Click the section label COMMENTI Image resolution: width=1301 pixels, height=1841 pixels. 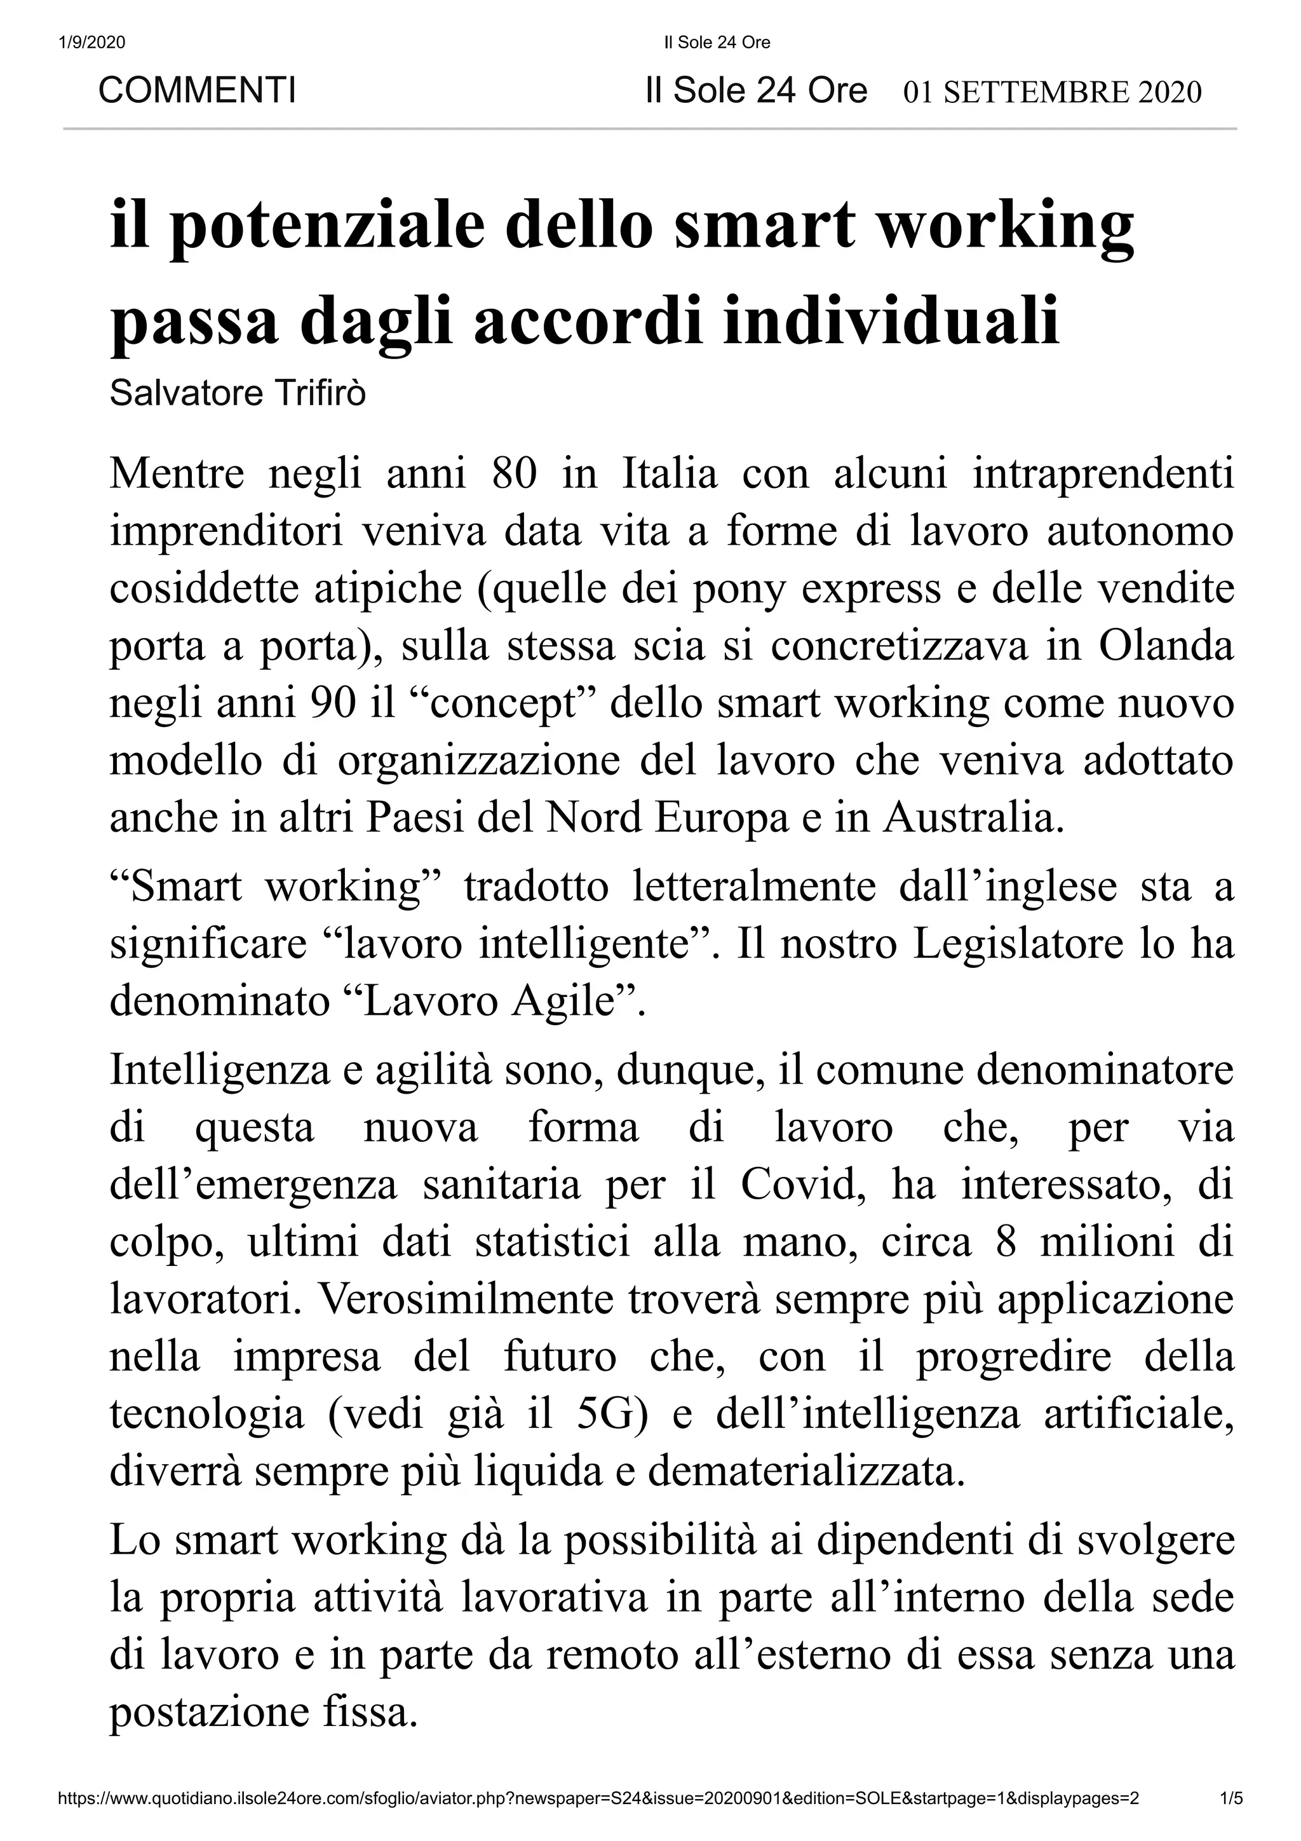pyautogui.click(x=196, y=91)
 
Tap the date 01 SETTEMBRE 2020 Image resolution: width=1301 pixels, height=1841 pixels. pyautogui.click(x=1052, y=93)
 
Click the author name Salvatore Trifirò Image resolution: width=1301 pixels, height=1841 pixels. pyautogui.click(x=238, y=394)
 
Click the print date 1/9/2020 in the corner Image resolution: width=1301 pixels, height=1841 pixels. pyautogui.click(x=92, y=43)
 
